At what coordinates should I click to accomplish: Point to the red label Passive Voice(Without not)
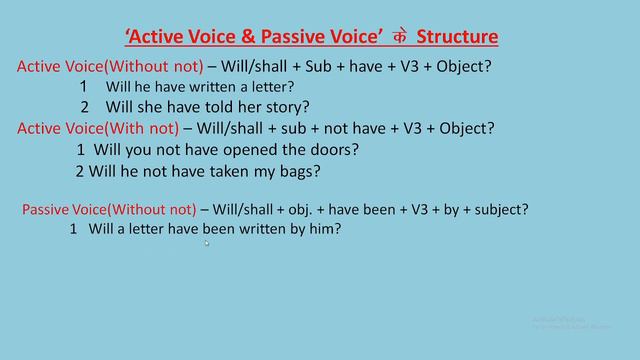coord(109,209)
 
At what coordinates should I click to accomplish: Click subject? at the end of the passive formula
coord(495,209)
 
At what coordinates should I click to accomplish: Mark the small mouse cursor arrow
coord(207,242)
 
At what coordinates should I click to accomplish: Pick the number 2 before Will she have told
coord(86,106)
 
